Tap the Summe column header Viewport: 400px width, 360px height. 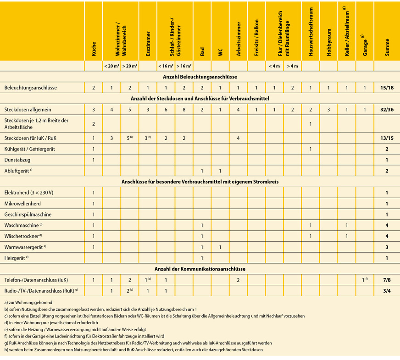pos(387,48)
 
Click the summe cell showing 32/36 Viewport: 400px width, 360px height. pos(387,110)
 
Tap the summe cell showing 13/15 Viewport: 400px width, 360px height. pos(387,138)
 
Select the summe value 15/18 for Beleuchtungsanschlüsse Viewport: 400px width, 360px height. pos(387,88)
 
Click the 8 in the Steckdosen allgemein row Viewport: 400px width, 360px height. pos(184,110)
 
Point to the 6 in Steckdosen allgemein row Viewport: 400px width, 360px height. pos(166,110)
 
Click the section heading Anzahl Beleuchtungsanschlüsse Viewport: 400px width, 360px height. pos(200,77)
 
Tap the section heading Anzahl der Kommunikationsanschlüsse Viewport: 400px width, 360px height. pos(200,269)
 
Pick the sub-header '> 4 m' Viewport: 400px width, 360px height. pos(292,66)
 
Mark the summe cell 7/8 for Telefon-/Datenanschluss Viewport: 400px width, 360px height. pos(387,280)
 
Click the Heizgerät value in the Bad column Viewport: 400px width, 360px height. pos(202,258)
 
